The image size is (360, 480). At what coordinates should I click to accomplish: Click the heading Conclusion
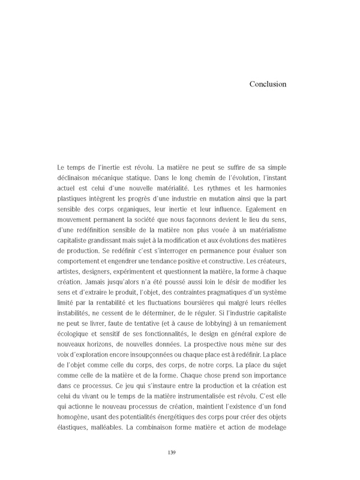point(268,84)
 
